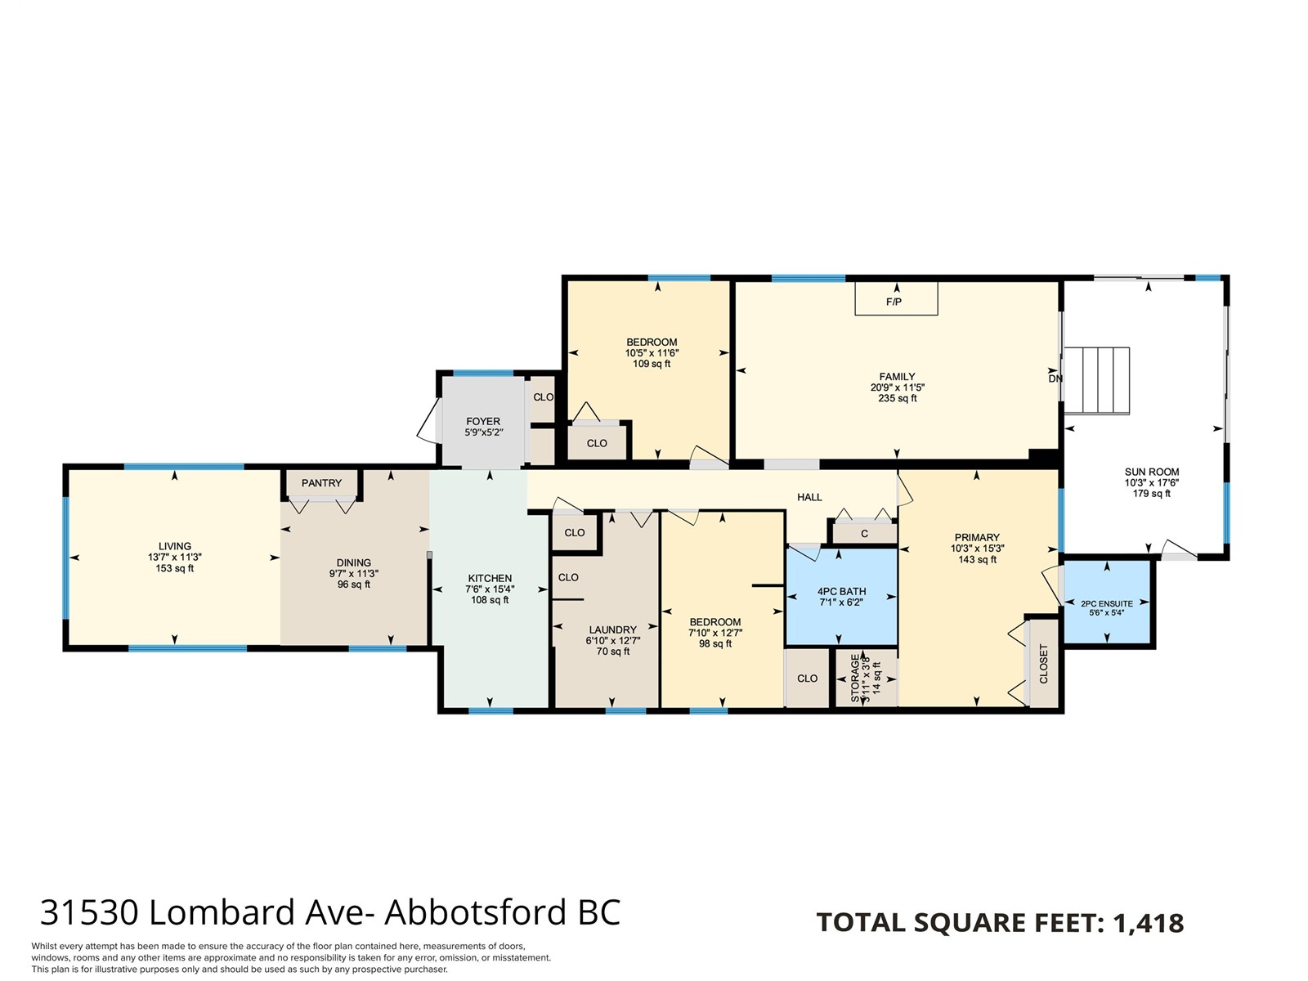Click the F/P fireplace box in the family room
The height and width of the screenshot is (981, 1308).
tap(896, 298)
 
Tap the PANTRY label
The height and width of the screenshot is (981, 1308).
tap(321, 483)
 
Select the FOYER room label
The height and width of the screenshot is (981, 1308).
tap(483, 421)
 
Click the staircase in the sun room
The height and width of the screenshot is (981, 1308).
tap(1097, 381)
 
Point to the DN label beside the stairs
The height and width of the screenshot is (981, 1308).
tap(1055, 379)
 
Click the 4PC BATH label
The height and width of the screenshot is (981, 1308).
tap(841, 591)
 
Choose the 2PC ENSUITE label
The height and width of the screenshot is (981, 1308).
tap(1107, 603)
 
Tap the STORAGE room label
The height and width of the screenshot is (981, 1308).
tap(855, 678)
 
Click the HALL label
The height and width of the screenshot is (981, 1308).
tap(809, 497)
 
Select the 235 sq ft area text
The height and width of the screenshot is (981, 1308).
tap(897, 398)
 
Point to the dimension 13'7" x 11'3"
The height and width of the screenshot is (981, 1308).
tap(175, 558)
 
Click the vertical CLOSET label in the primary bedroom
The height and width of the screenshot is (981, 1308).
tap(1043, 664)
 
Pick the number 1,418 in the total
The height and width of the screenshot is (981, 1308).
tap(1149, 923)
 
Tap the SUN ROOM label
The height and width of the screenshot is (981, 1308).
tap(1151, 472)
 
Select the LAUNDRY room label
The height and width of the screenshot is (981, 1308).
tap(612, 629)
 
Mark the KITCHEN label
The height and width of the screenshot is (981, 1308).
tap(490, 578)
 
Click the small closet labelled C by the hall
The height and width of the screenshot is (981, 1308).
tap(865, 534)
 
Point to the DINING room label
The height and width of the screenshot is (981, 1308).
tap(353, 563)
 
